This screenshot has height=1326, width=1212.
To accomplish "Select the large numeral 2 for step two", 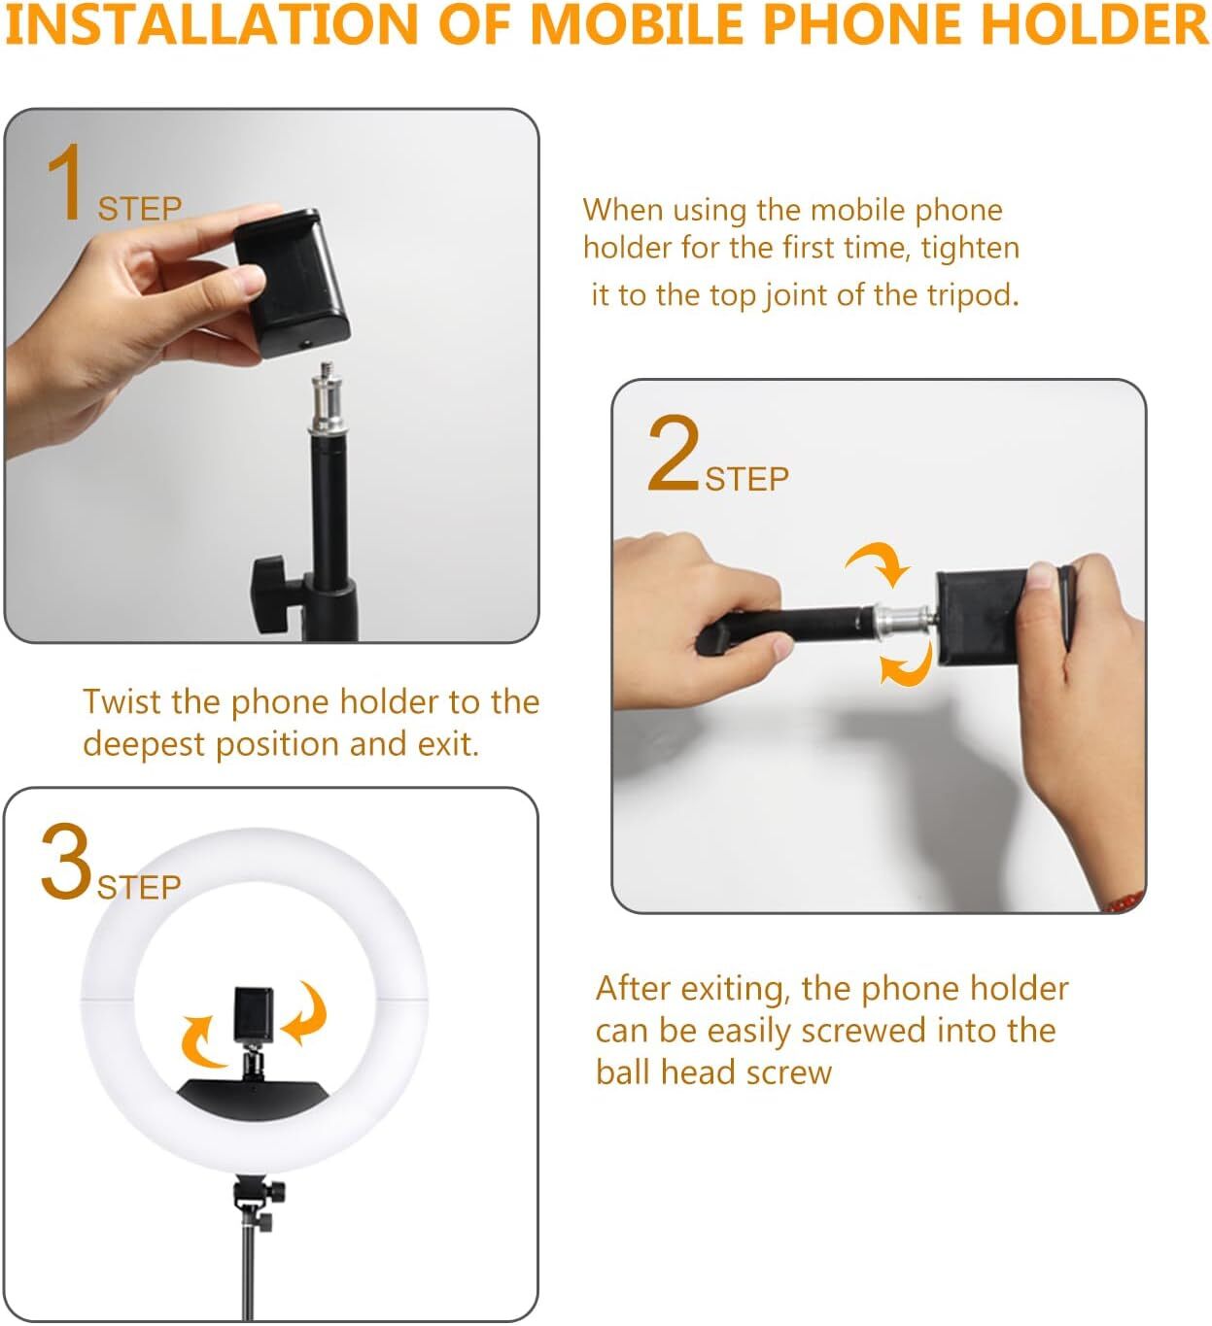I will pyautogui.click(x=673, y=454).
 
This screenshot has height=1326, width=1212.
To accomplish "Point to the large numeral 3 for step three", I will pyautogui.click(x=65, y=863).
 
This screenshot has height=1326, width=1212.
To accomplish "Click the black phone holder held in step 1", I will pyautogui.click(x=293, y=283).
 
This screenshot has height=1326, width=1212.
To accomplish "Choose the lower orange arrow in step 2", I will pyautogui.click(x=906, y=667).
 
